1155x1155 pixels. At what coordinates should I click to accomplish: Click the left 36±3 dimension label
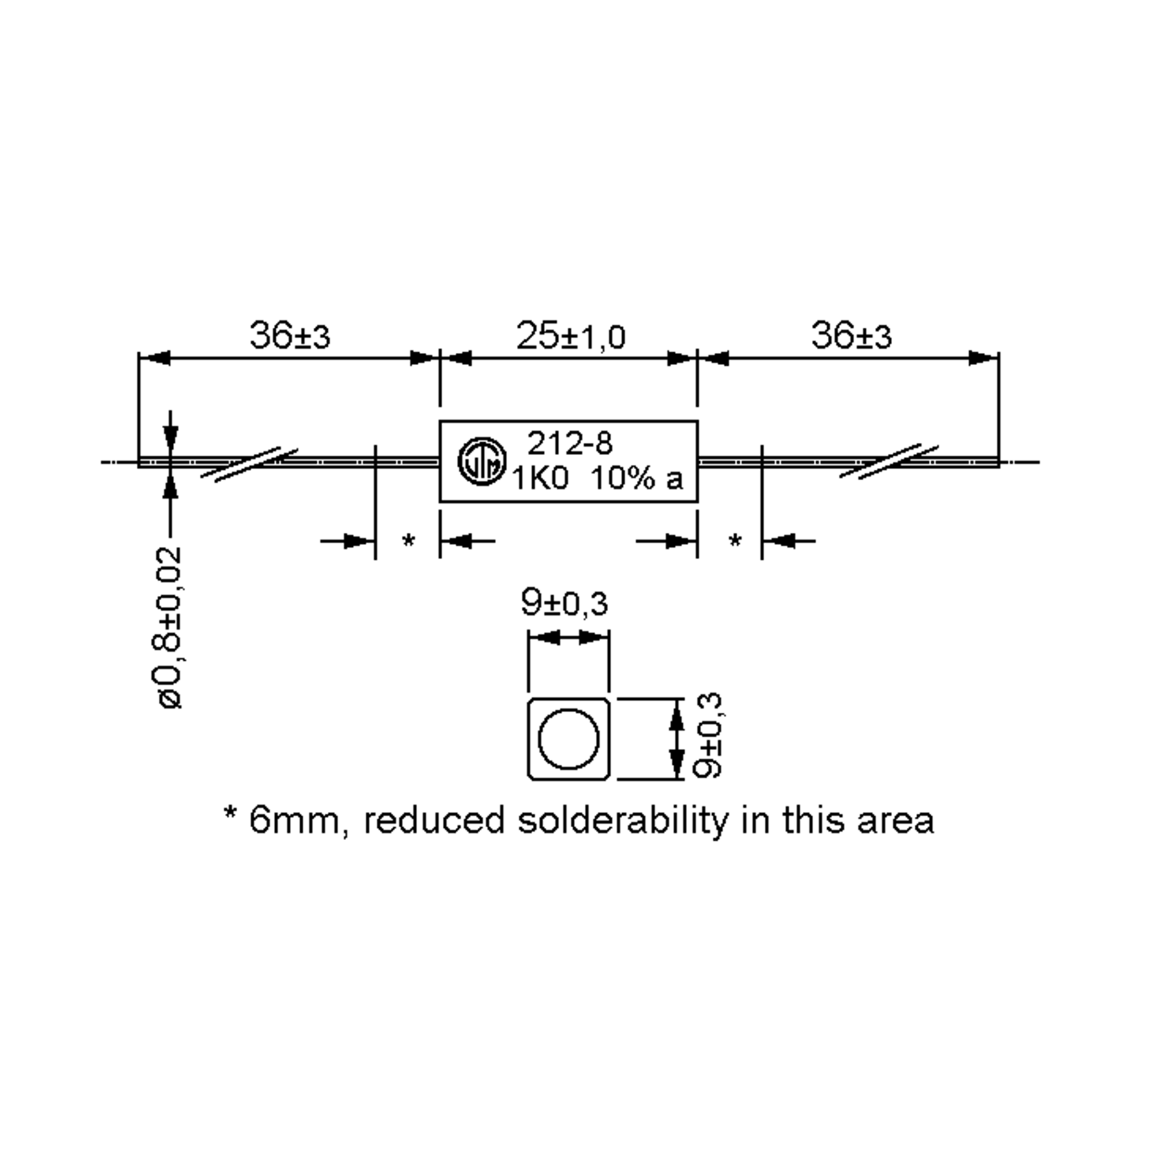point(289,336)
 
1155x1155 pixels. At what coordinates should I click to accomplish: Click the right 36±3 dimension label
point(851,336)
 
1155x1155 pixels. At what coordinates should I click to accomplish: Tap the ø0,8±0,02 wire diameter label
point(170,628)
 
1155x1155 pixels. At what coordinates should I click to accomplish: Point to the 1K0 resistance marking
point(540,479)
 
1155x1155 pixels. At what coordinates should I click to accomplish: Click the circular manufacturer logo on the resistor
point(481,461)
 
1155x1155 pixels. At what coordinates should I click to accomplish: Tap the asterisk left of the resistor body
point(408,541)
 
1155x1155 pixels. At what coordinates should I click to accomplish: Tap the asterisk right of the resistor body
point(735,541)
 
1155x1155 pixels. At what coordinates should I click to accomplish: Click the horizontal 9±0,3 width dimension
point(565,603)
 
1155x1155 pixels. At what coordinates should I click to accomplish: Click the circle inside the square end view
point(568,738)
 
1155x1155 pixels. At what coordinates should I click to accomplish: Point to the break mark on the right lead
point(889,462)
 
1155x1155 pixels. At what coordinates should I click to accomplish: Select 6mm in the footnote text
point(297,821)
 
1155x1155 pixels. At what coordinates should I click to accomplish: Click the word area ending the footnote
point(895,821)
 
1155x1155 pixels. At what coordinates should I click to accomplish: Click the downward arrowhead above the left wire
point(170,439)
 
